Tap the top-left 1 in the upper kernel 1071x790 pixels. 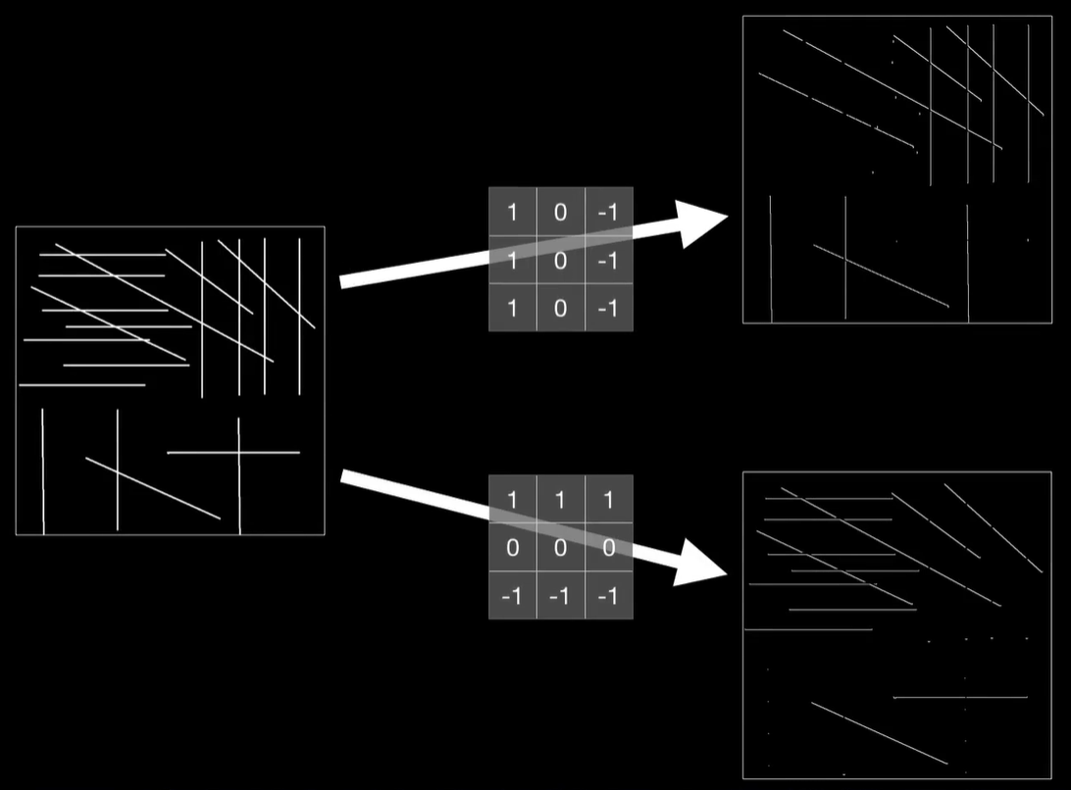pyautogui.click(x=512, y=212)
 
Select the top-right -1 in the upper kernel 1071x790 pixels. pyautogui.click(x=608, y=212)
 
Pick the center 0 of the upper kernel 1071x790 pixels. pyautogui.click(x=560, y=260)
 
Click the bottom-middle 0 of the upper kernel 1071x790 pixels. pyautogui.click(x=560, y=308)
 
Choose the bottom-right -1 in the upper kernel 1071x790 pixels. pyautogui.click(x=608, y=308)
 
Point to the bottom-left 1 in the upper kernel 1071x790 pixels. pyautogui.click(x=512, y=308)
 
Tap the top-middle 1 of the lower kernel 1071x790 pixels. pyautogui.click(x=560, y=501)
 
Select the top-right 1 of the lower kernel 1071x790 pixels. pyautogui.click(x=608, y=501)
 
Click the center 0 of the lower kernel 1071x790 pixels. pyautogui.click(x=560, y=548)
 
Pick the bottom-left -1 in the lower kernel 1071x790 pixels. pyautogui.click(x=512, y=596)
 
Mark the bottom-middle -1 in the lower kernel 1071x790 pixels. pyautogui.click(x=560, y=596)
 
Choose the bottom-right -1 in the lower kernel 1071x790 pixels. pyautogui.click(x=608, y=596)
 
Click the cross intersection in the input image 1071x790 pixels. pyautogui.click(x=239, y=453)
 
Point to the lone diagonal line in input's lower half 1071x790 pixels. pyautogui.click(x=153, y=488)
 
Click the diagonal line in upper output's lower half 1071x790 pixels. pyautogui.click(x=881, y=275)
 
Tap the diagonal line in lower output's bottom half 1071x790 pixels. pyautogui.click(x=879, y=732)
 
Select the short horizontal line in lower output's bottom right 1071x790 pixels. pyautogui.click(x=960, y=698)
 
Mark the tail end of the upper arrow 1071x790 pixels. pyautogui.click(x=342, y=282)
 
